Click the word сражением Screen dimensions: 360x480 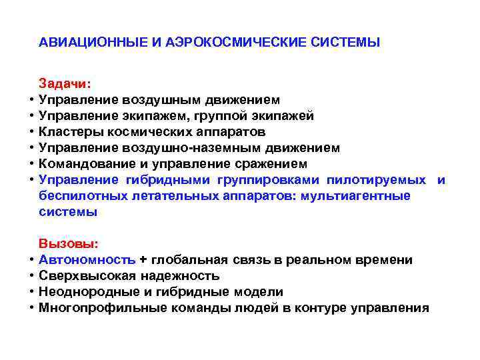pyautogui.click(x=274, y=164)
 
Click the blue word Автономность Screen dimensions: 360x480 pyautogui.click(x=87, y=260)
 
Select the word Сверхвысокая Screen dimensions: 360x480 pyautogui.click(x=84, y=276)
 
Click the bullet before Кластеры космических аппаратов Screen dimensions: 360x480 pyautogui.click(x=31, y=132)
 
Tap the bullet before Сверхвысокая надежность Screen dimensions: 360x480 pyautogui.click(x=31, y=276)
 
